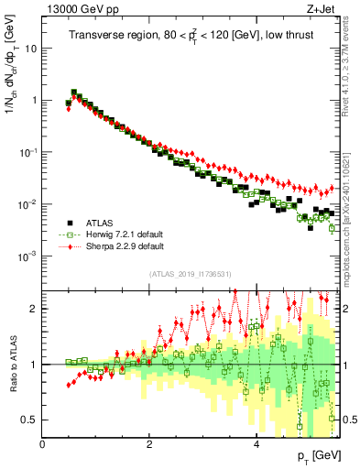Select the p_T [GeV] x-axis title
click(320, 455)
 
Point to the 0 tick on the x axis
click(43, 444)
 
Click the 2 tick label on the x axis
click(149, 444)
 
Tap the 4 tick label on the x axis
click(256, 444)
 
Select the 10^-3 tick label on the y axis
click(29, 256)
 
